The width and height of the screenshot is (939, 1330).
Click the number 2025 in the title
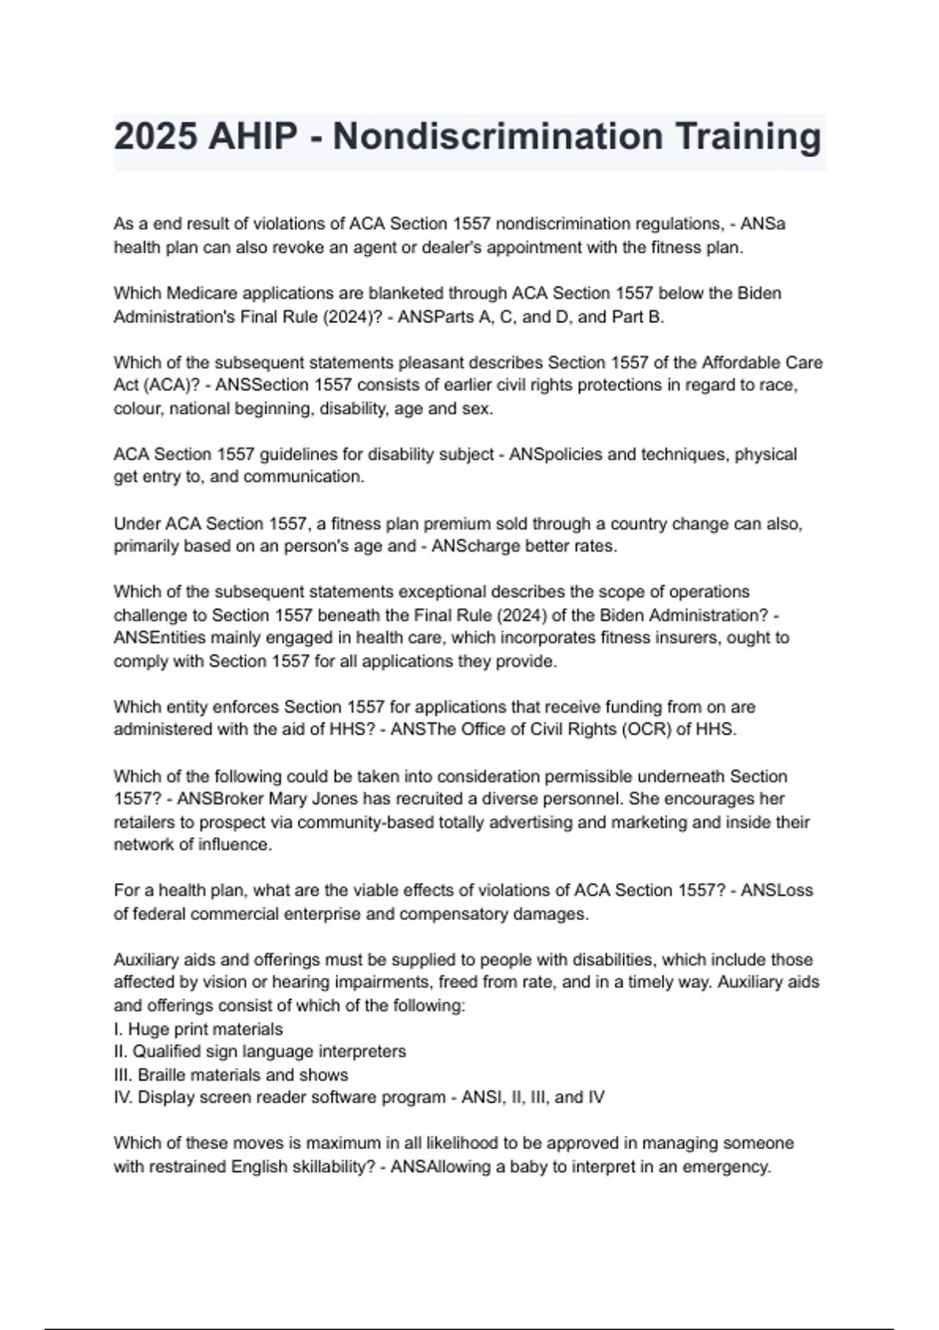pyautogui.click(x=156, y=137)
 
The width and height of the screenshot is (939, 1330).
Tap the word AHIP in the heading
pyautogui.click(x=253, y=137)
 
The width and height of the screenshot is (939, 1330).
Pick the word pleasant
pyautogui.click(x=441, y=362)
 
